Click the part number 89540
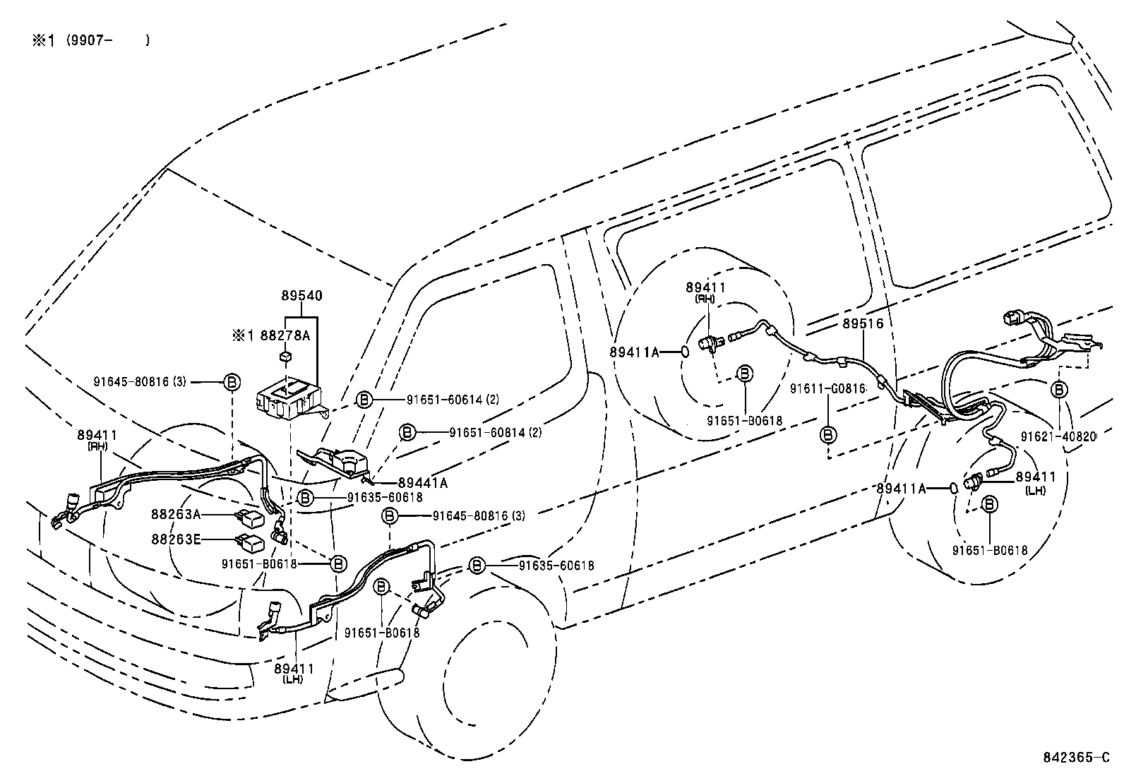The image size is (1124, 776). point(302,296)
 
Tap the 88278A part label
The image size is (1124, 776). point(285,335)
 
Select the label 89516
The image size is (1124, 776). point(863,323)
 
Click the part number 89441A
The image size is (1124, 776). point(422,483)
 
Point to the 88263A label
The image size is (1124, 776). point(176,515)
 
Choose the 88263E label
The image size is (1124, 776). point(176,539)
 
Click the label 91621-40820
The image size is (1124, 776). point(1060,436)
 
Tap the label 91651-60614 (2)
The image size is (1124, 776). point(453,400)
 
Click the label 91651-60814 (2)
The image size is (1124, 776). point(495,431)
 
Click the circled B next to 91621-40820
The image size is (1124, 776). point(1060,389)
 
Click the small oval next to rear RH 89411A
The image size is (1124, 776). point(684,351)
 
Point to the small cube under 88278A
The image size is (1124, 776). point(285,356)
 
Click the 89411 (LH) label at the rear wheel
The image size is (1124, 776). point(1036,482)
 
